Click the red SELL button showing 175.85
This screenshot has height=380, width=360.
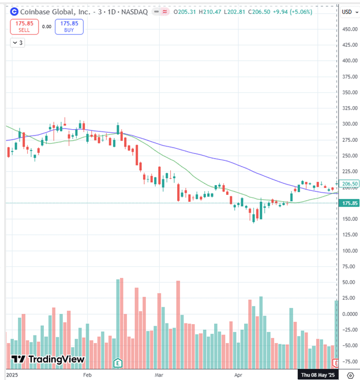click(x=23, y=27)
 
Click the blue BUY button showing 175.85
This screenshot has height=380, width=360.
click(x=69, y=27)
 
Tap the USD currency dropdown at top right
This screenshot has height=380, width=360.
click(x=348, y=12)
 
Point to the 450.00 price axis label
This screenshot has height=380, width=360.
click(x=349, y=29)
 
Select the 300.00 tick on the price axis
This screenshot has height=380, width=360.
click(x=349, y=124)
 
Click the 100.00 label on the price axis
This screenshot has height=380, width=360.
click(x=349, y=251)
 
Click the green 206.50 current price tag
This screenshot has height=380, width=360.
click(x=350, y=183)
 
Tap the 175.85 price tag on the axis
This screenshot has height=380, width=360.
click(x=350, y=203)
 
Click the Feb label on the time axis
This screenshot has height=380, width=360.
click(x=87, y=375)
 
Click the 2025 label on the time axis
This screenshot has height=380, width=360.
click(x=10, y=375)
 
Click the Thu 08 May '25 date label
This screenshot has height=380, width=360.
click(x=318, y=375)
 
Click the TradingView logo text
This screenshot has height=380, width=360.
click(x=48, y=359)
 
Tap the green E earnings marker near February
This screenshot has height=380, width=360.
click(x=118, y=363)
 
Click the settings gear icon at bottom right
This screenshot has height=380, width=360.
click(x=350, y=375)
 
